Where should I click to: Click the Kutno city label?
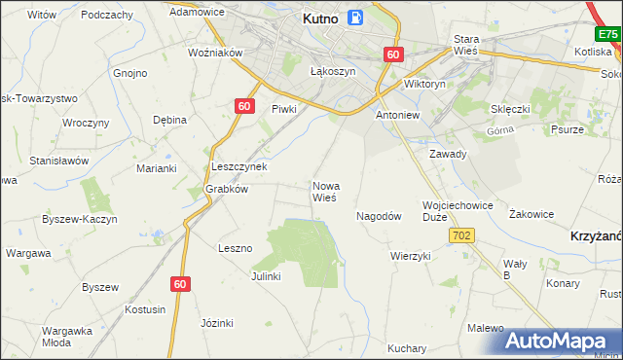click(321, 18)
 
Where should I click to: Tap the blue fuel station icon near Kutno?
click(356, 17)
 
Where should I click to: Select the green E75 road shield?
click(608, 34)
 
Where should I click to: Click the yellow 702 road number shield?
click(462, 235)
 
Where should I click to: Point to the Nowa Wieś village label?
click(324, 191)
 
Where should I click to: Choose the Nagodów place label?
click(379, 216)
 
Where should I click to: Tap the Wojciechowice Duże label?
click(458, 211)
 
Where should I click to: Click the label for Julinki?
click(266, 275)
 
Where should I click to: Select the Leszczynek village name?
click(239, 166)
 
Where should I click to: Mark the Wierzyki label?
click(410, 256)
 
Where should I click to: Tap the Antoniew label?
click(397, 114)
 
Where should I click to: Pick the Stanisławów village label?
click(59, 160)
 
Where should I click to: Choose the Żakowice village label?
click(531, 214)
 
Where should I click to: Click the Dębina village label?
click(169, 120)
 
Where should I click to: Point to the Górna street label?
click(498, 130)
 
